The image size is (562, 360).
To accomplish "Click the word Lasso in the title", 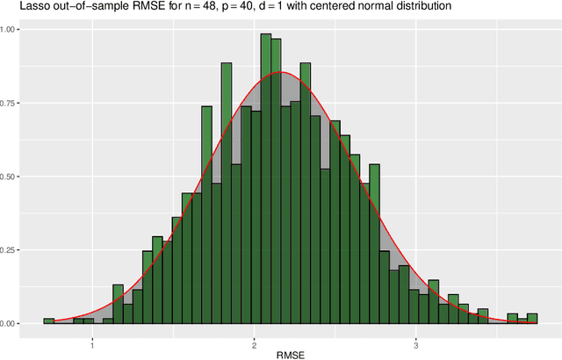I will point(18,7).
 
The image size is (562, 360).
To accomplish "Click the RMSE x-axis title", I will point(290,352).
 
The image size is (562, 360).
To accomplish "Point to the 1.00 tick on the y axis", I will point(15,30).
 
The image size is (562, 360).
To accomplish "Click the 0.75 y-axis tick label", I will point(15,104).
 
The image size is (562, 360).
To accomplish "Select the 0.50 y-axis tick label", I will point(15,176).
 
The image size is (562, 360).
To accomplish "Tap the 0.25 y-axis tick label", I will point(15,250).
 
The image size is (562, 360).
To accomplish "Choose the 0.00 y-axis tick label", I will point(15,324).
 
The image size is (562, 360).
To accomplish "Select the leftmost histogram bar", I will point(49,321).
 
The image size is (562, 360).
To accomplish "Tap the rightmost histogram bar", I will point(532,319).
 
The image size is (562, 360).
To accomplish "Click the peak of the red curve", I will point(280,72).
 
